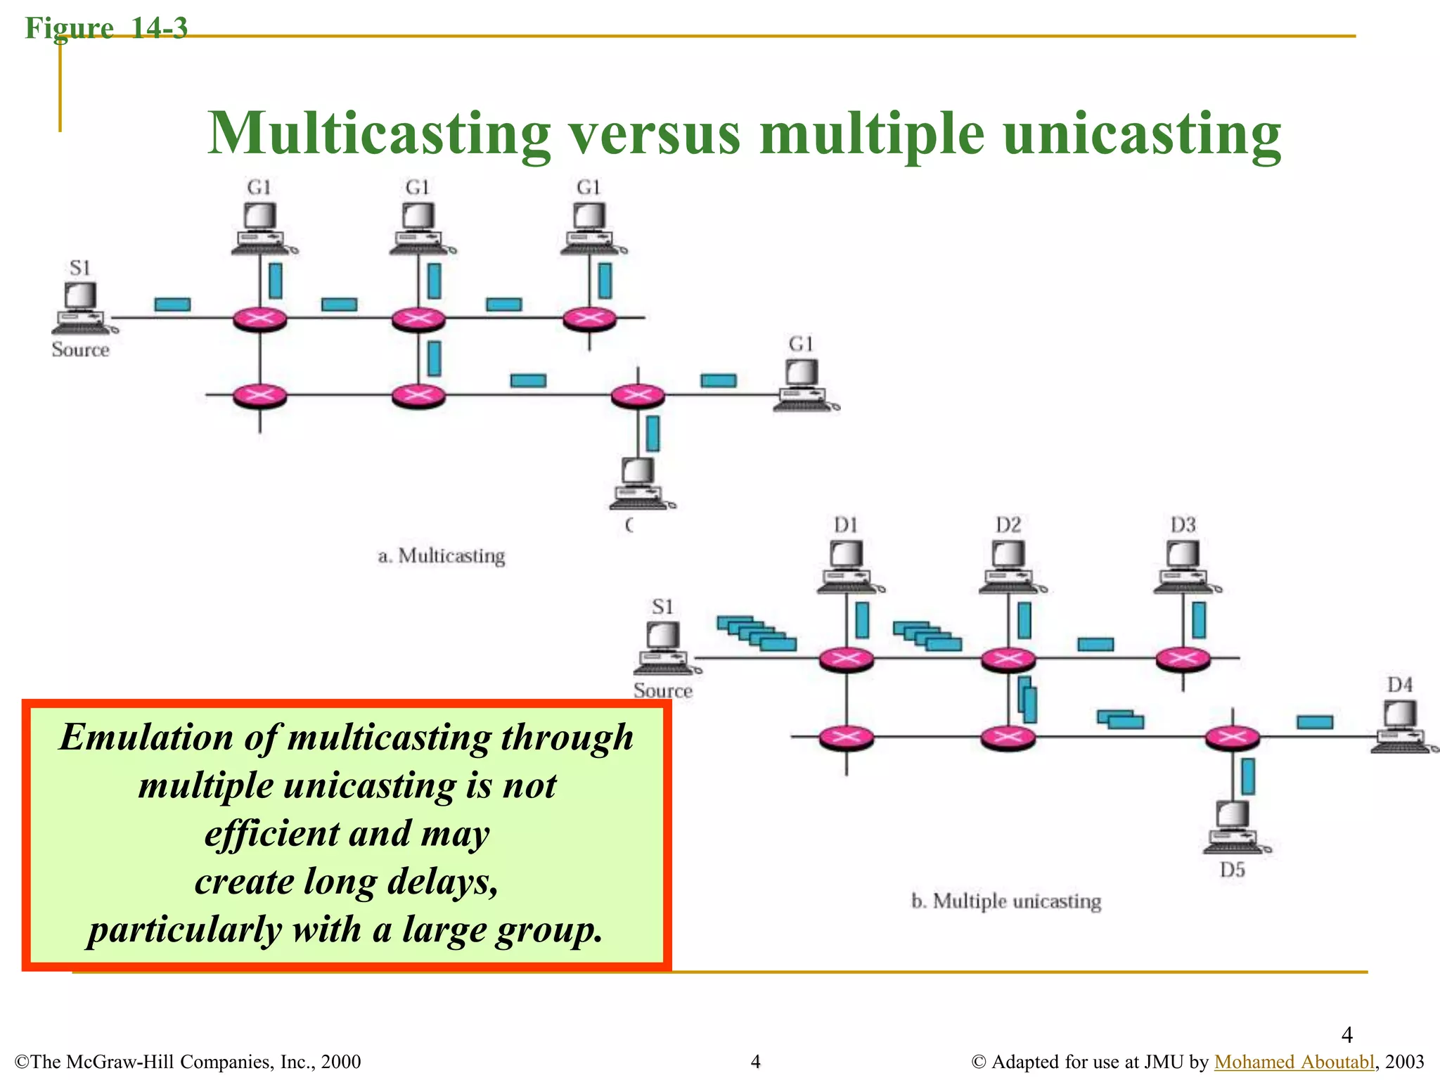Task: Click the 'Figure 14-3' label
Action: tap(106, 28)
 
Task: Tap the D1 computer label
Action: tap(846, 525)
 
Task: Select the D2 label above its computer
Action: tap(1008, 525)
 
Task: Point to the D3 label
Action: tap(1183, 525)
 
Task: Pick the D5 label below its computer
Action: tap(1232, 870)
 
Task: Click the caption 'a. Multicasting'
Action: tap(442, 556)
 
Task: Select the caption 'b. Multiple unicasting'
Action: tap(1006, 901)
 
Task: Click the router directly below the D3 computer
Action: tap(1183, 659)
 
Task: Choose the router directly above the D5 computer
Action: tap(1233, 737)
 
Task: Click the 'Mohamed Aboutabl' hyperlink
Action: tap(1294, 1061)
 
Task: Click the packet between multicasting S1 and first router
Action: tap(172, 304)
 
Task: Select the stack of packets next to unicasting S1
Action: tap(757, 633)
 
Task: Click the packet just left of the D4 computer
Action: tap(1314, 722)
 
